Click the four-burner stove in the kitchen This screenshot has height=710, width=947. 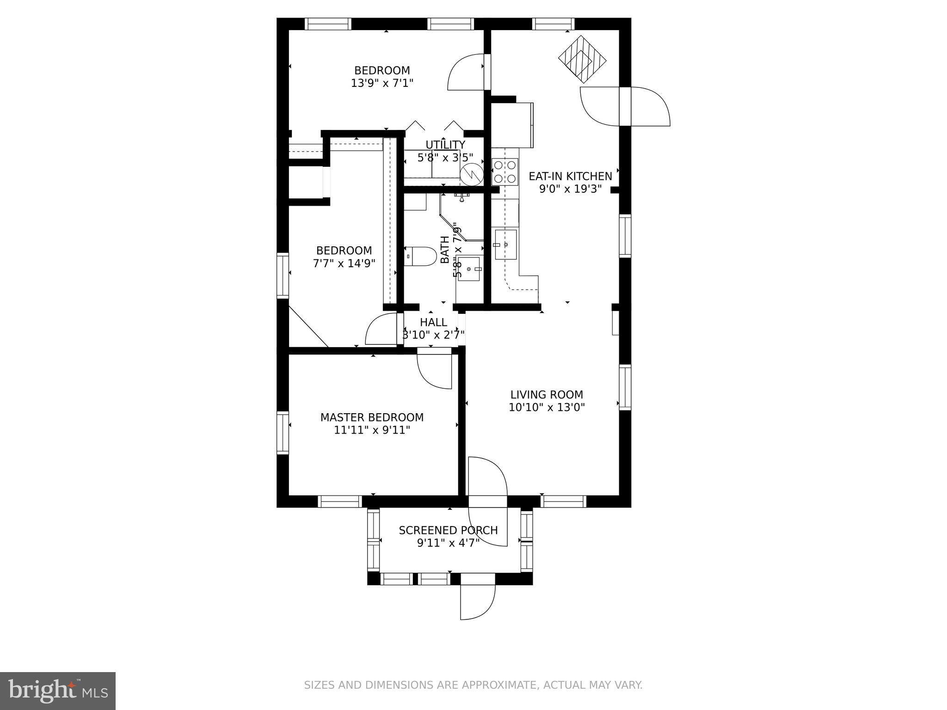[504, 171]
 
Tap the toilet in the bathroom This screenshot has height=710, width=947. [420, 256]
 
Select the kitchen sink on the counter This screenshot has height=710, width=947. [505, 245]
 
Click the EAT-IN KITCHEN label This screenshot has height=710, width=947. [570, 176]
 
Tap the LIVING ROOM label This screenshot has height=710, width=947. [547, 395]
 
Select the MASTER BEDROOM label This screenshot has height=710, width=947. [372, 417]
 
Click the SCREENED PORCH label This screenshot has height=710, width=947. [448, 530]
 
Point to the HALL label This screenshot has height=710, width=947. [434, 322]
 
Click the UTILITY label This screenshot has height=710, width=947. [445, 145]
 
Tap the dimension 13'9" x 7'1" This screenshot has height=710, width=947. [382, 83]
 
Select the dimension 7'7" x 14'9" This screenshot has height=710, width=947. [344, 263]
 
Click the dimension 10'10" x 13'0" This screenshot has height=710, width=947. [547, 408]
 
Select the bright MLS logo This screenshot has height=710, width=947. [58, 691]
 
